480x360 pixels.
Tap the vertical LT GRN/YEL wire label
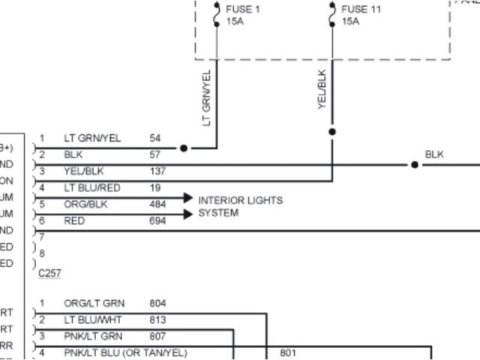tap(208, 97)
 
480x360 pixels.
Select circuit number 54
tap(154, 139)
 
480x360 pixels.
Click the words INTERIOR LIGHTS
tap(240, 201)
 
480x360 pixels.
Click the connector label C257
tap(49, 274)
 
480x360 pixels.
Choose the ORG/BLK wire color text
tap(85, 204)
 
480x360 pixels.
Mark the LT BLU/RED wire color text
tap(91, 187)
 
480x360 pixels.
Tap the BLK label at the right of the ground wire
tap(435, 154)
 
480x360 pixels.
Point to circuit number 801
tap(288, 352)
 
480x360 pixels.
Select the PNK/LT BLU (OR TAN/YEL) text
tap(125, 352)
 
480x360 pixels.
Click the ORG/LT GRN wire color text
tap(94, 304)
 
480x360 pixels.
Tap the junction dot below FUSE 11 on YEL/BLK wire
tap(332, 132)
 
